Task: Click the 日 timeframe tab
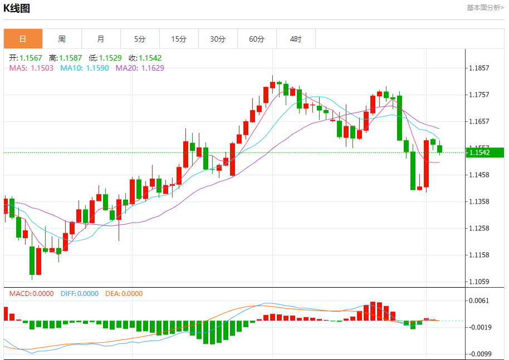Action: [x=23, y=39]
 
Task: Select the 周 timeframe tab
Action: [x=62, y=39]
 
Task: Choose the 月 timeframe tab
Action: [x=101, y=39]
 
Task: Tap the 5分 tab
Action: [x=140, y=39]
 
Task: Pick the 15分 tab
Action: [x=179, y=39]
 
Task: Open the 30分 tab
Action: [x=218, y=39]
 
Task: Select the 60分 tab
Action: [x=257, y=39]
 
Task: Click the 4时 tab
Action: [x=296, y=39]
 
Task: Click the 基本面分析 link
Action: [x=485, y=8]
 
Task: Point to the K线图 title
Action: [x=17, y=8]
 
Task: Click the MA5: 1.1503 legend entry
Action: [x=31, y=68]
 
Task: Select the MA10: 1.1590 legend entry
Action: [x=85, y=68]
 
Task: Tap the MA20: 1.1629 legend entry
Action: [x=140, y=68]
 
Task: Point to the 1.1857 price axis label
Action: [x=479, y=68]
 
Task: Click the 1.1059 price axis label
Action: [x=479, y=282]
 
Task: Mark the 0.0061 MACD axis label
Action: [x=479, y=300]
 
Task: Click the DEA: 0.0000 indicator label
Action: [x=124, y=294]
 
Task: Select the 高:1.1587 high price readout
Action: [x=65, y=58]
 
